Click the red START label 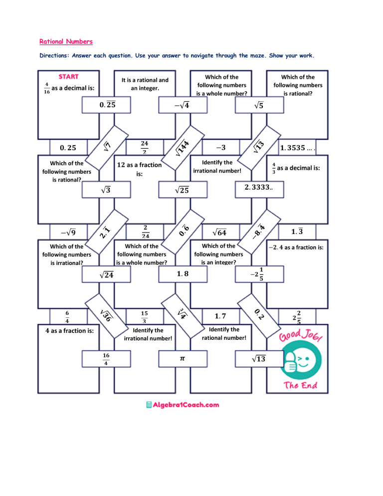(68, 77)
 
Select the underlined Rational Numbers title (66, 41)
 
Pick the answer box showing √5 (259, 105)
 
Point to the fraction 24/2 (145, 147)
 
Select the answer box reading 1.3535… (299, 147)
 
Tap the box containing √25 (182, 190)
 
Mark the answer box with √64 (219, 232)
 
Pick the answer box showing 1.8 (182, 273)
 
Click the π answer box (182, 358)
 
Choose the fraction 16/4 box (106, 358)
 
